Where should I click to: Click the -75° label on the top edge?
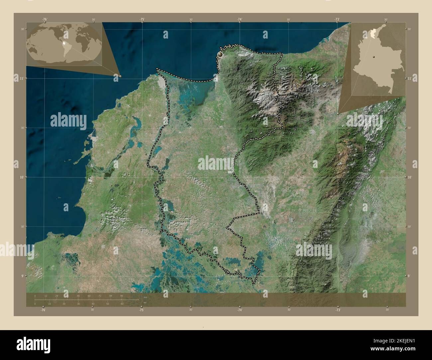tap(142, 20)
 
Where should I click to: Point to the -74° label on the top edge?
tap(240, 20)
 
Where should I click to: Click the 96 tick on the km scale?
tap(122, 296)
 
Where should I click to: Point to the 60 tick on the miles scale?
tap(122, 304)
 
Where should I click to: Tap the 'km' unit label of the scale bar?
tap(145, 297)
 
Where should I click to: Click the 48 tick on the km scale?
tap(78, 296)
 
